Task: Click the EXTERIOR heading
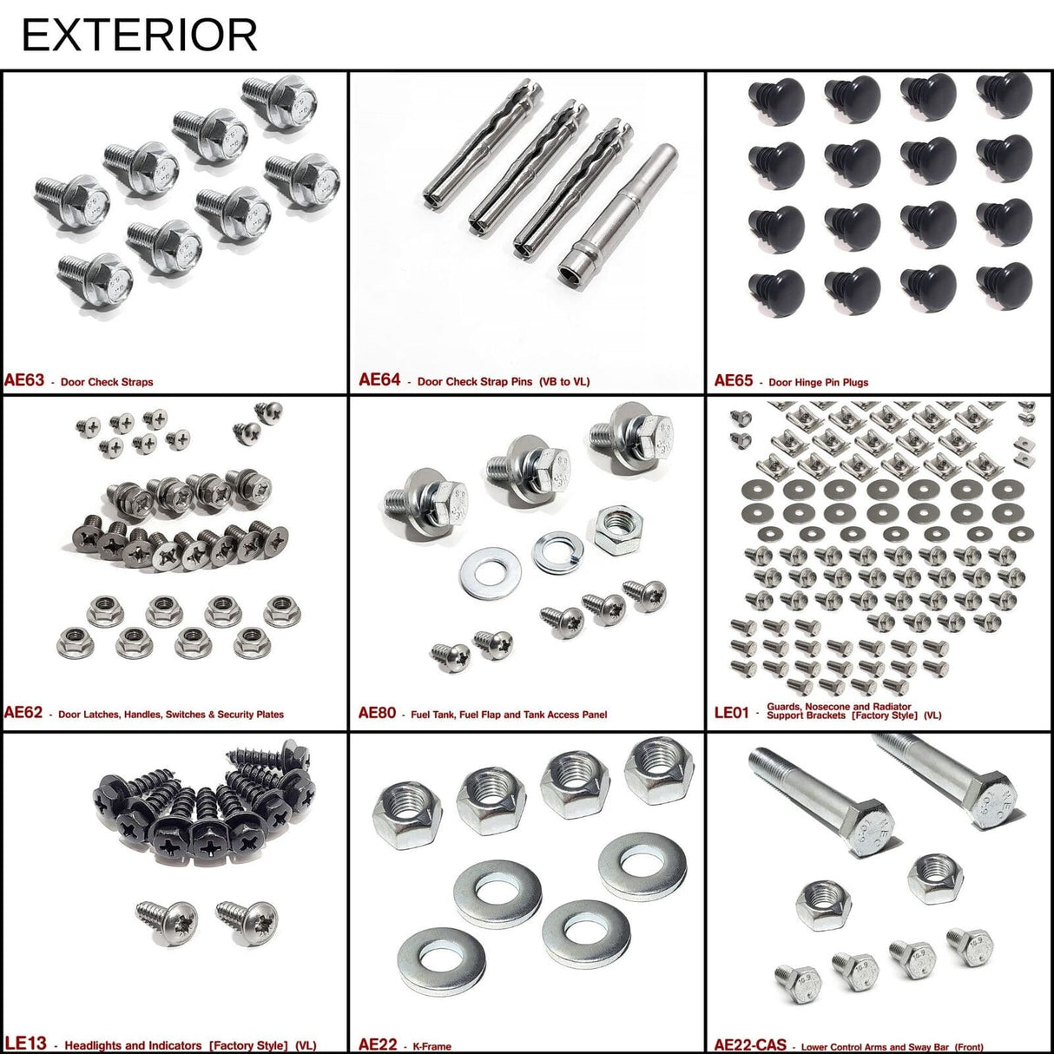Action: [139, 35]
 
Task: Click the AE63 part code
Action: [24, 380]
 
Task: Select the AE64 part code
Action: [379, 379]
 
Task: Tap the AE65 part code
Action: [734, 380]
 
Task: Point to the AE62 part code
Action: [23, 713]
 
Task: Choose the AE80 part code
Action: [377, 713]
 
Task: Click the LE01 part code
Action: [731, 713]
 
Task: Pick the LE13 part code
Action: [25, 1044]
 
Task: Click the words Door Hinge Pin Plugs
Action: [818, 382]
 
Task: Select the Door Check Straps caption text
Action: [107, 382]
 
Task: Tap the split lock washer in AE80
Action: [557, 553]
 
